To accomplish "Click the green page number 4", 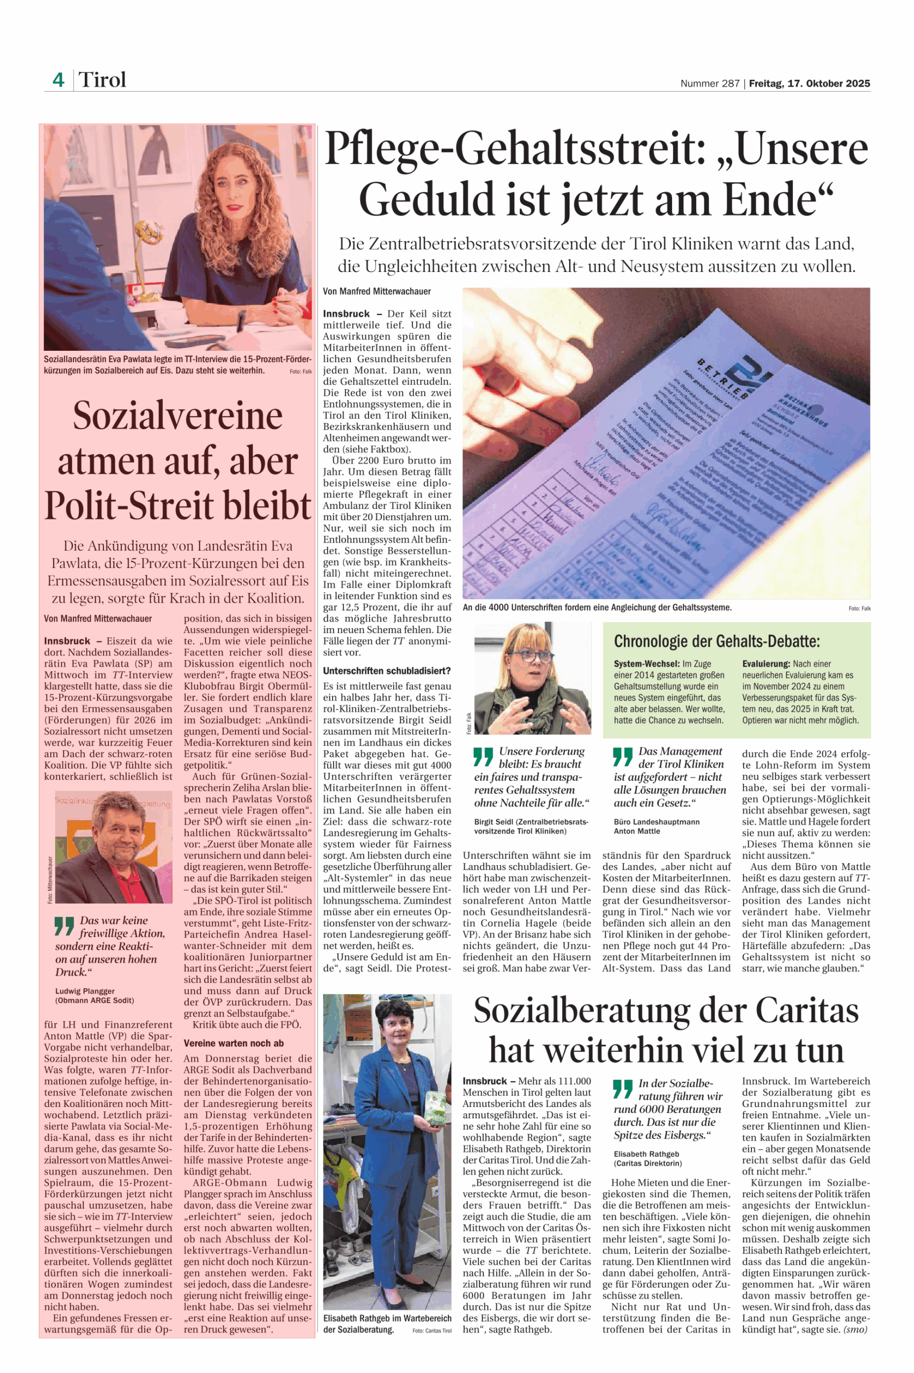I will pyautogui.click(x=58, y=80).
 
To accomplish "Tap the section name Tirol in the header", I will pyautogui.click(x=102, y=80).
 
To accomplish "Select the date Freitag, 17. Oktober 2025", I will pyautogui.click(x=809, y=83).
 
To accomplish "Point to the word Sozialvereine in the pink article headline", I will pyautogui.click(x=178, y=416).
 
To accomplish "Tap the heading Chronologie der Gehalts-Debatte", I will pyautogui.click(x=717, y=641).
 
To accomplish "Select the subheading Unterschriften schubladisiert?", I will pyautogui.click(x=387, y=671).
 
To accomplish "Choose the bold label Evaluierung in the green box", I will pyautogui.click(x=766, y=664).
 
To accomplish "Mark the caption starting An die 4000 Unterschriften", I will pyautogui.click(x=597, y=607).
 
